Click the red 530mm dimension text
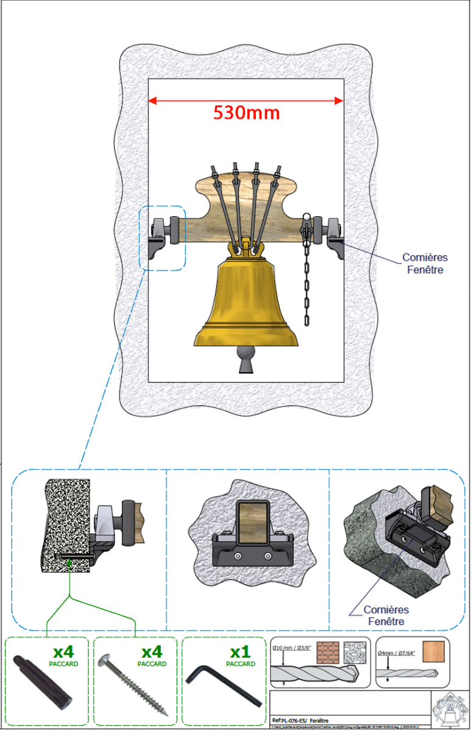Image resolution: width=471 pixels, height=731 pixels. pos(246,113)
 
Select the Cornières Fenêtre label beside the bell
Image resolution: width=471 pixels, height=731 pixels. pos(425,263)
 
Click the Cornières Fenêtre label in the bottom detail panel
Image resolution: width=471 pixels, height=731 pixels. pos(386,615)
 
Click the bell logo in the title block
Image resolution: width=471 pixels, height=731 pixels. pos(450,710)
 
